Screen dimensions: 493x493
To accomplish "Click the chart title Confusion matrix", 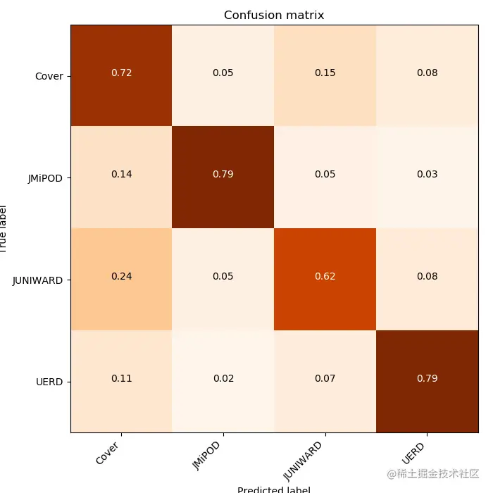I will [x=274, y=15].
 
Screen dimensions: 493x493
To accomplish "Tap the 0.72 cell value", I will [x=121, y=73].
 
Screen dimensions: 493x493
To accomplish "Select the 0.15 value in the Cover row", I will [x=325, y=73].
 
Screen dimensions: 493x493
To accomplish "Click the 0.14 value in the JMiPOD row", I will [x=121, y=174].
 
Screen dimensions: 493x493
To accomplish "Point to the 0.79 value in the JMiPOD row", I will [x=223, y=174].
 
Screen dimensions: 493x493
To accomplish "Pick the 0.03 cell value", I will [x=427, y=174].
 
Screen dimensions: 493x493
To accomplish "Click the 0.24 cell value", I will [x=121, y=276].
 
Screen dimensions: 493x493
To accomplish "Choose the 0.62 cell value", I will [x=325, y=276].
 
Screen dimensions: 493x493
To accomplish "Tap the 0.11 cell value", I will [x=121, y=378].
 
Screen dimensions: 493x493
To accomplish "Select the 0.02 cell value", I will [x=223, y=378].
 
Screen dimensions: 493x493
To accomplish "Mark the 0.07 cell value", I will [x=325, y=378].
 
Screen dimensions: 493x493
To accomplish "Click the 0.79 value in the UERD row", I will [x=427, y=378].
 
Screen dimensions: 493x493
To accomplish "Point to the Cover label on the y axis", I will [x=49, y=76].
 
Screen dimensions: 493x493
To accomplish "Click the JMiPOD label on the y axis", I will [x=45, y=178].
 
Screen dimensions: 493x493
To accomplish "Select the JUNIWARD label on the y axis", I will [x=38, y=280].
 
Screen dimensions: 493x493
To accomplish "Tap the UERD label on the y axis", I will [x=49, y=382].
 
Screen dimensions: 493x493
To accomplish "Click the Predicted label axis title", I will [x=273, y=489].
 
